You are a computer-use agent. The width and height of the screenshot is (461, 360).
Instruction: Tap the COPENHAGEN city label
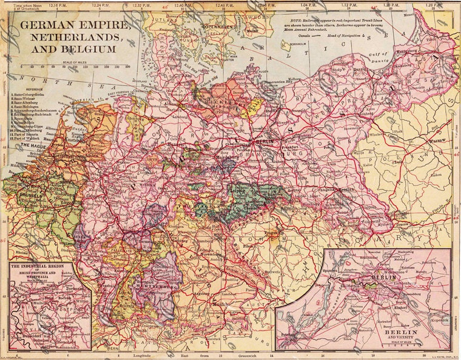coord(218,28)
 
